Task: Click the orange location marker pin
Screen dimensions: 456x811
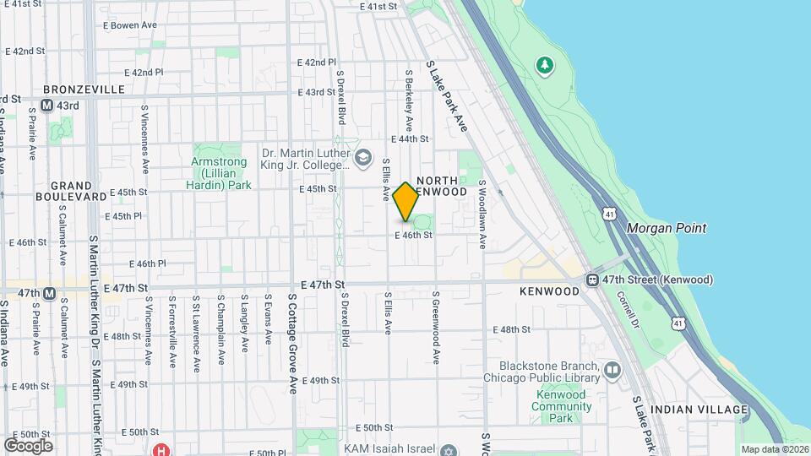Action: tap(406, 202)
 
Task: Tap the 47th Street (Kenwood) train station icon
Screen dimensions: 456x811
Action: tap(594, 280)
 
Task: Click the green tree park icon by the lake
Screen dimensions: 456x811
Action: tap(545, 64)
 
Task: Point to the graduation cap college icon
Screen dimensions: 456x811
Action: tap(362, 157)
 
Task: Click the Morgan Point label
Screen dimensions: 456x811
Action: tap(667, 228)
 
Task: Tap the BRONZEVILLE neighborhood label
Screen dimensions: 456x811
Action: tap(84, 90)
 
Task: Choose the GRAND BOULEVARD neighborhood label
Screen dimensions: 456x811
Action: tap(70, 191)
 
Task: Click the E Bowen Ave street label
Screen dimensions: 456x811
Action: tap(128, 25)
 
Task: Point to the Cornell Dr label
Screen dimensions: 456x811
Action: tap(630, 310)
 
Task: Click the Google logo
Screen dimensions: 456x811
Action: tap(28, 445)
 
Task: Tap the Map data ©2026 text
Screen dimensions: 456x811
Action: tap(774, 449)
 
